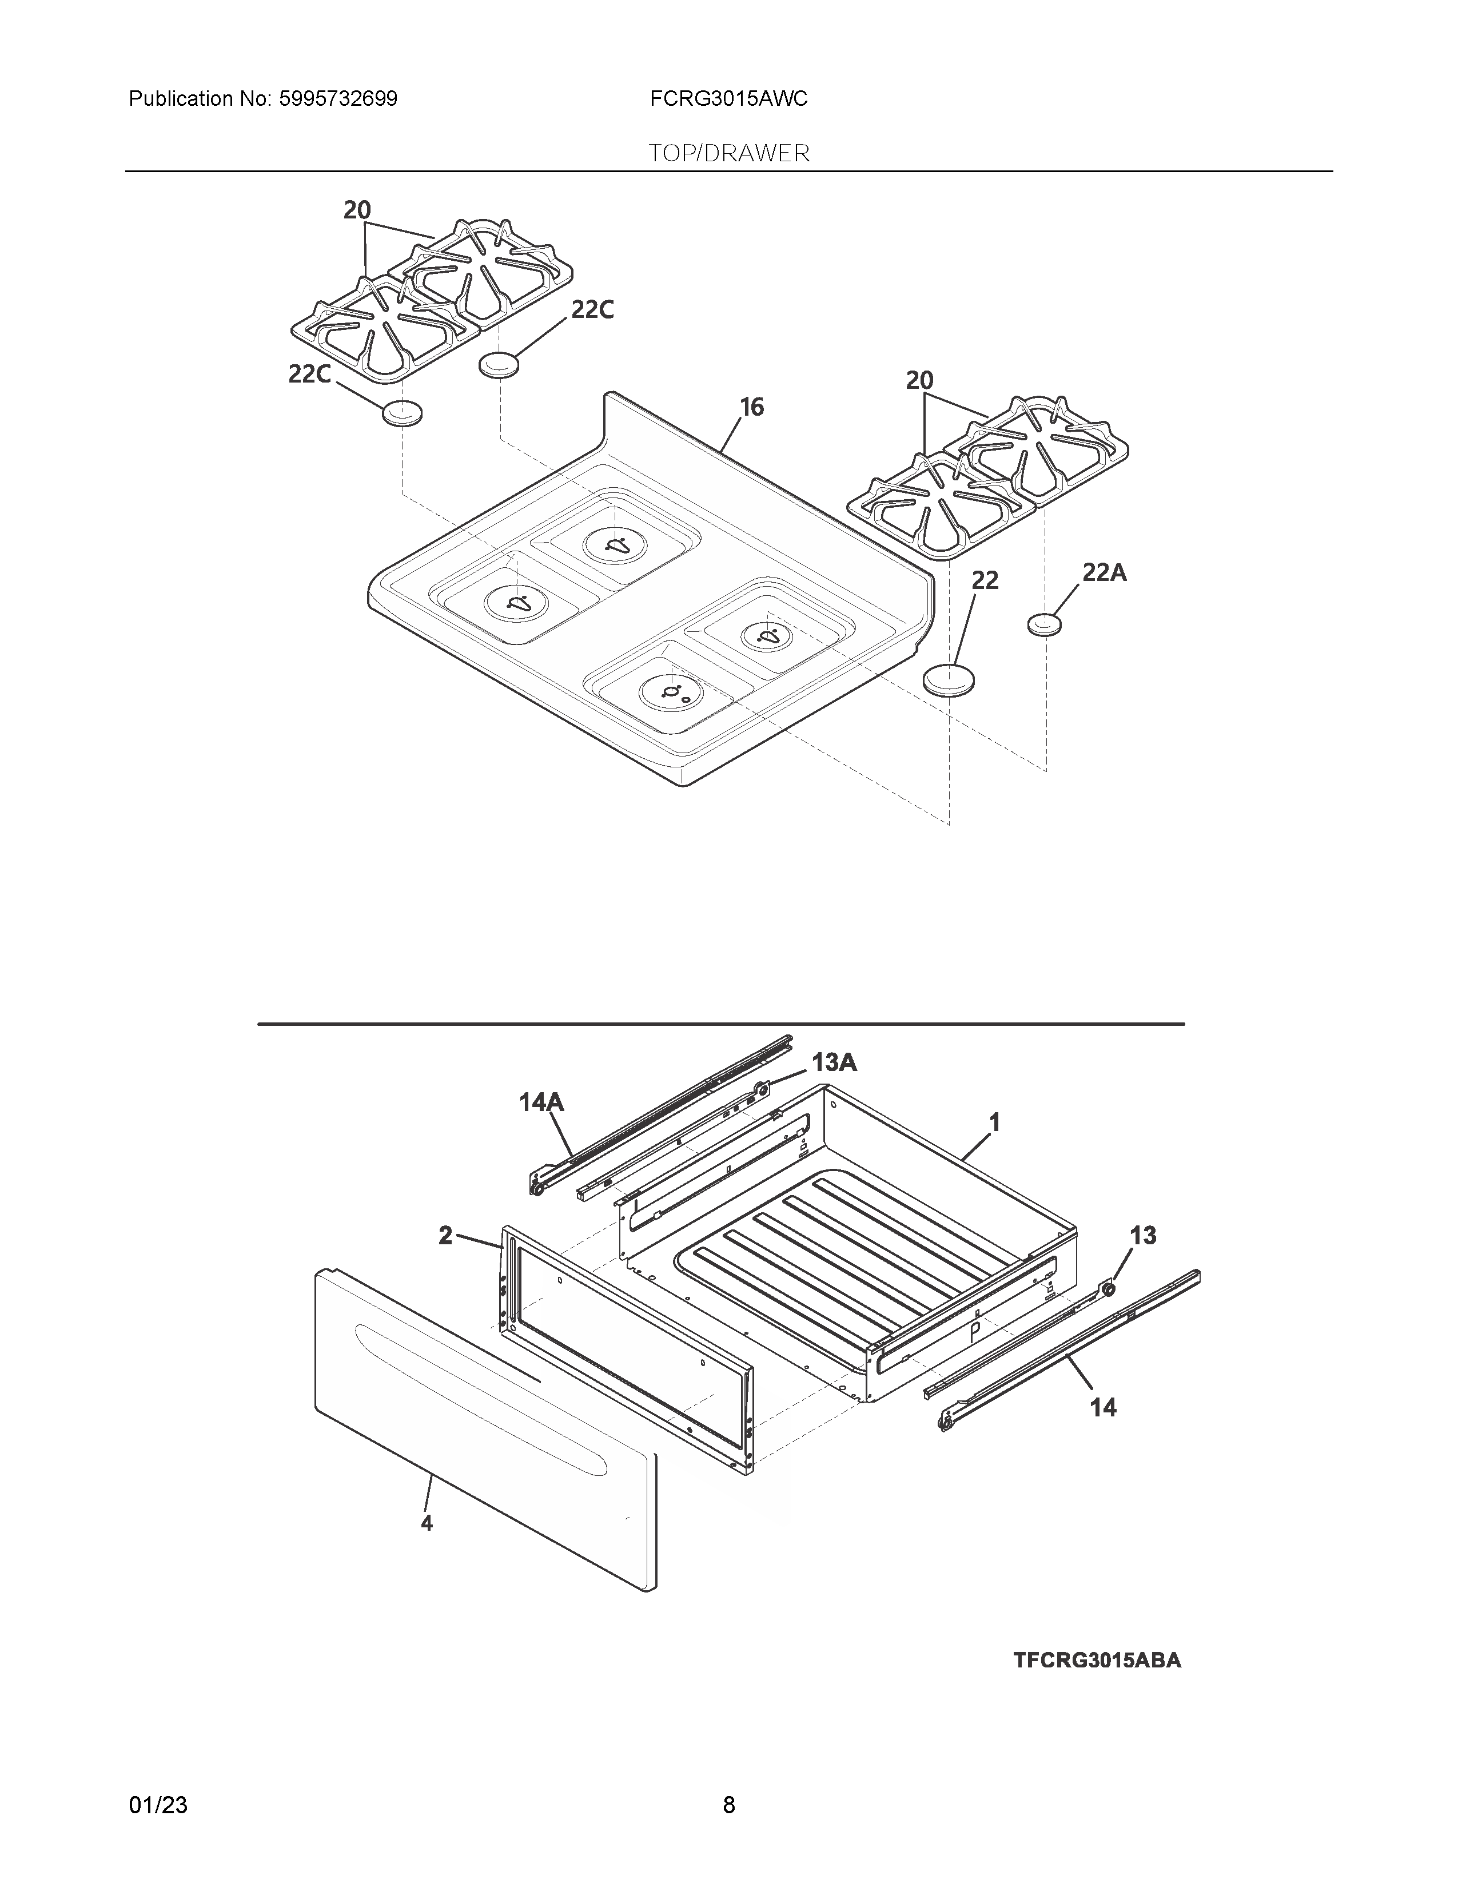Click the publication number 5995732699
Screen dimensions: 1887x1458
coord(338,99)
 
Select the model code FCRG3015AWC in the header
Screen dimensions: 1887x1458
coord(729,99)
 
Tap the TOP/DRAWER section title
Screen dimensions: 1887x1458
coord(729,154)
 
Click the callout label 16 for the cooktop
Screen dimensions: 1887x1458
coord(751,407)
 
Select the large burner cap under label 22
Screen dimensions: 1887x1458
coord(949,679)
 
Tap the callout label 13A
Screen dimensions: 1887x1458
coord(834,1063)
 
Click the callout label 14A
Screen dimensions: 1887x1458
coord(541,1102)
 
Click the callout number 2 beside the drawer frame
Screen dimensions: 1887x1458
coord(446,1236)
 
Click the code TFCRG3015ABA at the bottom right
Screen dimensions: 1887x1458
coord(1097,1660)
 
